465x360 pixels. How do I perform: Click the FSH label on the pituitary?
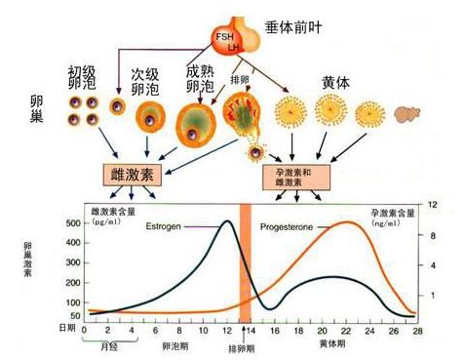[x=222, y=36]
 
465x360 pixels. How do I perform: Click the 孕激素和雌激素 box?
[x=296, y=177]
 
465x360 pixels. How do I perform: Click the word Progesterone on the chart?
[x=286, y=226]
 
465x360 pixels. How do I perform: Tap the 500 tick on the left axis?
[x=72, y=223]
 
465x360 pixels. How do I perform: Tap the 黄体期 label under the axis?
[x=332, y=345]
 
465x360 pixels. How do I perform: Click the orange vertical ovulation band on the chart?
[x=246, y=263]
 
